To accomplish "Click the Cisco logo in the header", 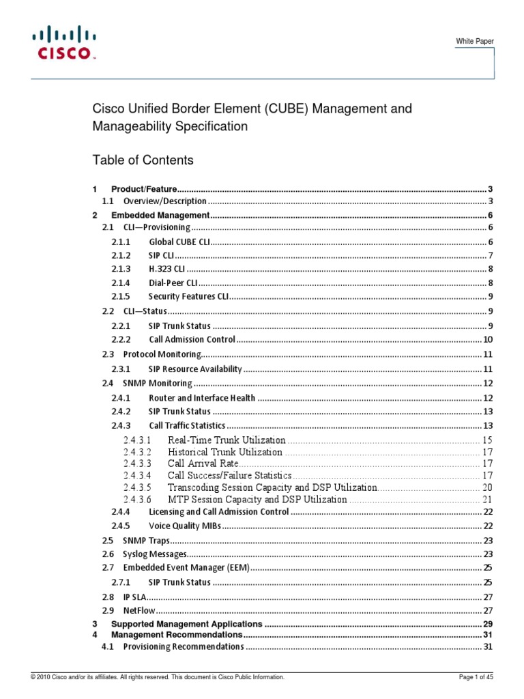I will tap(61, 42).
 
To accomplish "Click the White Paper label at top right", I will tap(475, 42).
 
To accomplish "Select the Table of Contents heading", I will tap(143, 160).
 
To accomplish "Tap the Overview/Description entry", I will tap(164, 201).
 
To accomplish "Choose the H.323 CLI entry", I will tap(166, 268).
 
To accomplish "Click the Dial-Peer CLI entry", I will tap(173, 283).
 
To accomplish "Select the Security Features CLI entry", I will tap(188, 296).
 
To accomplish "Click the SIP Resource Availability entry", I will tap(195, 369).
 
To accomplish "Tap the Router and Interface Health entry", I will tap(202, 397).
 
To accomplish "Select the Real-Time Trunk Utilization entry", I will tap(226, 440).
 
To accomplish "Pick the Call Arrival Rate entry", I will tap(201, 463).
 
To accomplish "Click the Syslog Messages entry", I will tap(154, 554).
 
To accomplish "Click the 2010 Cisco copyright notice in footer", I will tap(153, 676).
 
